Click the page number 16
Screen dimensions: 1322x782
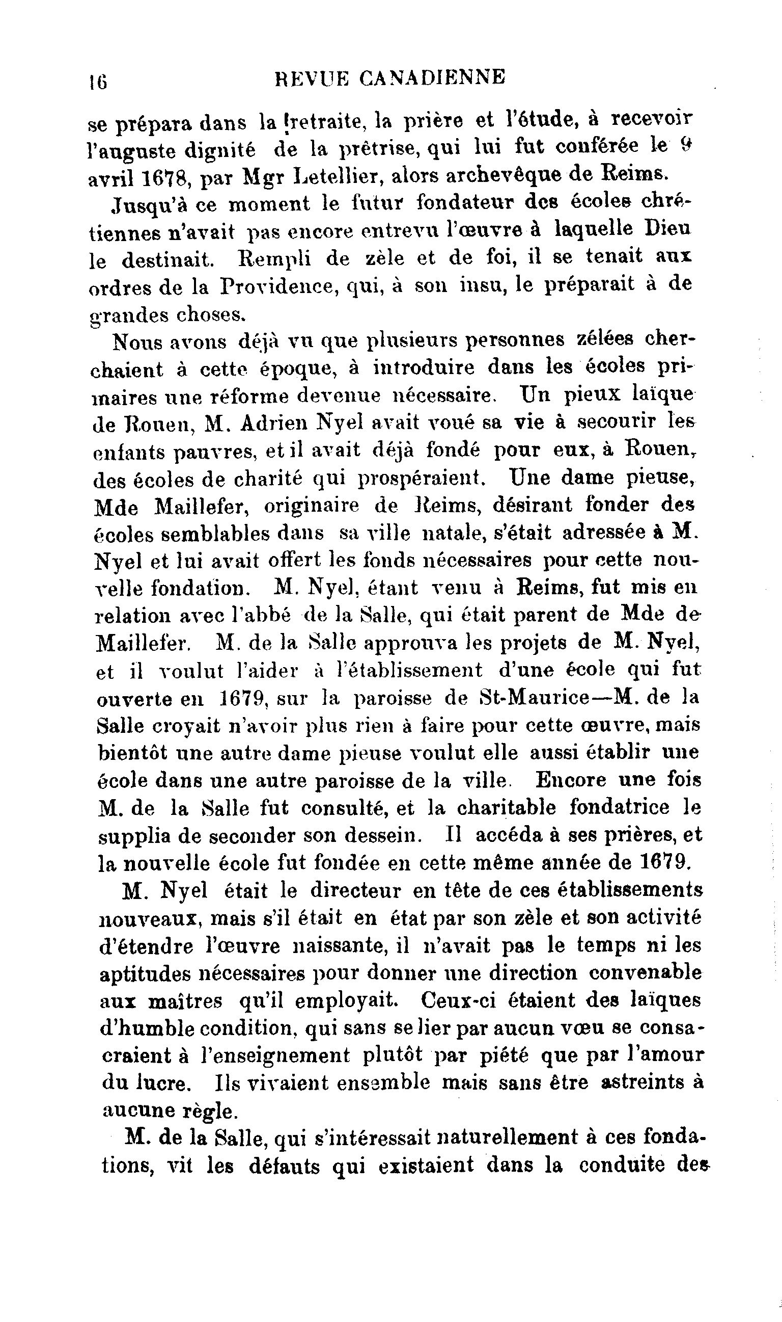click(98, 82)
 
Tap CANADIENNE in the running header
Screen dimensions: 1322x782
click(433, 78)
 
